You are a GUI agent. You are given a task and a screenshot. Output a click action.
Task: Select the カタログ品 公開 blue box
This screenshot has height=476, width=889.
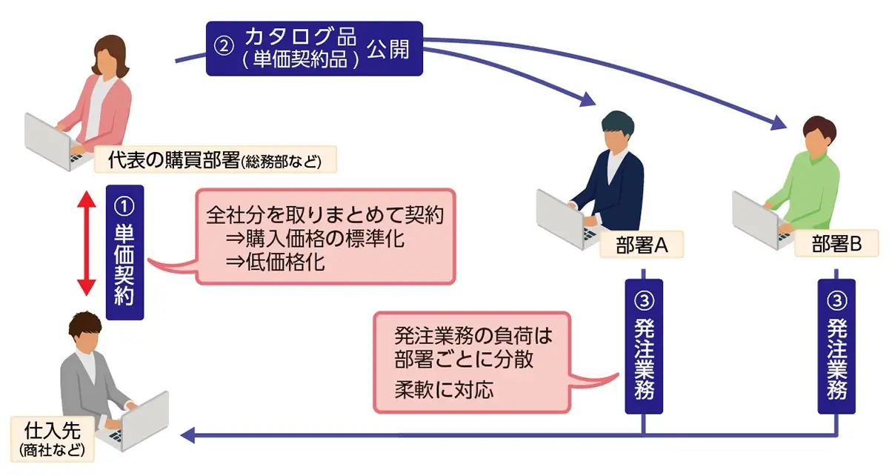[x=314, y=47]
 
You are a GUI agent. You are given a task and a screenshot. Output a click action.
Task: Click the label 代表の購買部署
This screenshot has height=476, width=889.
[x=215, y=159]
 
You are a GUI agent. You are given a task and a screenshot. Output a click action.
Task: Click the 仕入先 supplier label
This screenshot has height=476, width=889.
[x=48, y=437]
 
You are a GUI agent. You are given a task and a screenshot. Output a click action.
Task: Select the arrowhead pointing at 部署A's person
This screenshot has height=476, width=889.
[x=589, y=98]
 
